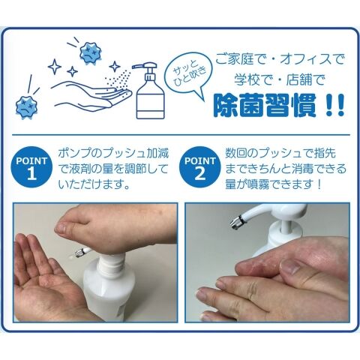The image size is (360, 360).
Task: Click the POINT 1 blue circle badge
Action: (31, 167)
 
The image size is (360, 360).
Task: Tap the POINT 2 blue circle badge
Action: (200, 167)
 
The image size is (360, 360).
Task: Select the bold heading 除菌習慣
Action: (265, 105)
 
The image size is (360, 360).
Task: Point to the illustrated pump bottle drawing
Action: (149, 90)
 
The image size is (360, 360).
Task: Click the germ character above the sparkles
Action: (90, 53)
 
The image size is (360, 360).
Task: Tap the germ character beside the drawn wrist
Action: (27, 106)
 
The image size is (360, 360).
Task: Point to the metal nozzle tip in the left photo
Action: (77, 254)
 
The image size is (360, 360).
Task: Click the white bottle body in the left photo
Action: (108, 290)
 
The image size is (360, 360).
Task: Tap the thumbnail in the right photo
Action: (290, 266)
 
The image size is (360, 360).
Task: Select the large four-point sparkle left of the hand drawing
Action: (55, 67)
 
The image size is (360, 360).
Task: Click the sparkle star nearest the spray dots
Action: (115, 67)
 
